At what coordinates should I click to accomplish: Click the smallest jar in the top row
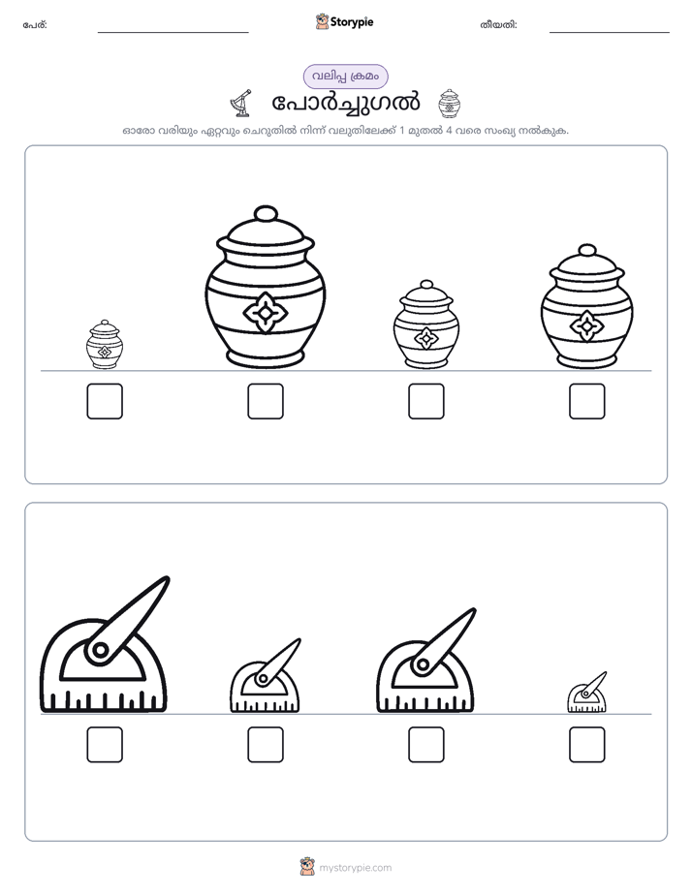pyautogui.click(x=105, y=345)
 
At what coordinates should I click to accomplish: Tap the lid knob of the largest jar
pyautogui.click(x=266, y=213)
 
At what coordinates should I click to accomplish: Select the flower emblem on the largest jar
pyautogui.click(x=266, y=312)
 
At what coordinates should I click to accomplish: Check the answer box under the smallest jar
pyautogui.click(x=105, y=401)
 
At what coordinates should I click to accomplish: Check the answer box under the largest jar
pyautogui.click(x=266, y=401)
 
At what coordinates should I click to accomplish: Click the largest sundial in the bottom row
pyautogui.click(x=105, y=644)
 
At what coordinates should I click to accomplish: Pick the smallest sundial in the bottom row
pyautogui.click(x=587, y=693)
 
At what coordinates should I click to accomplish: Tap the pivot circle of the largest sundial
pyautogui.click(x=100, y=650)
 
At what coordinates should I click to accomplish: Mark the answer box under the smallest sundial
pyautogui.click(x=587, y=745)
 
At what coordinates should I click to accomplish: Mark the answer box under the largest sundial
pyautogui.click(x=105, y=745)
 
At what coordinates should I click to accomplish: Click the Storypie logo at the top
pyautogui.click(x=345, y=22)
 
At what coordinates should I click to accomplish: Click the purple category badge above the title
pyautogui.click(x=345, y=77)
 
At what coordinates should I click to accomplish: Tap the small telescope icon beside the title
pyautogui.click(x=241, y=103)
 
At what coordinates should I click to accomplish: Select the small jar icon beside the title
pyautogui.click(x=450, y=104)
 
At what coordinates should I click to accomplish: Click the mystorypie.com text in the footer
pyautogui.click(x=355, y=868)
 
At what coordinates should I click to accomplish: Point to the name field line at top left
pyautogui.click(x=173, y=33)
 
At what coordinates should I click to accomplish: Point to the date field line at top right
pyautogui.click(x=610, y=33)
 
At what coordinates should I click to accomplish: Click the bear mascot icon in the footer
pyautogui.click(x=307, y=867)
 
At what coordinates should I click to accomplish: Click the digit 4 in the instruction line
pyautogui.click(x=450, y=130)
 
